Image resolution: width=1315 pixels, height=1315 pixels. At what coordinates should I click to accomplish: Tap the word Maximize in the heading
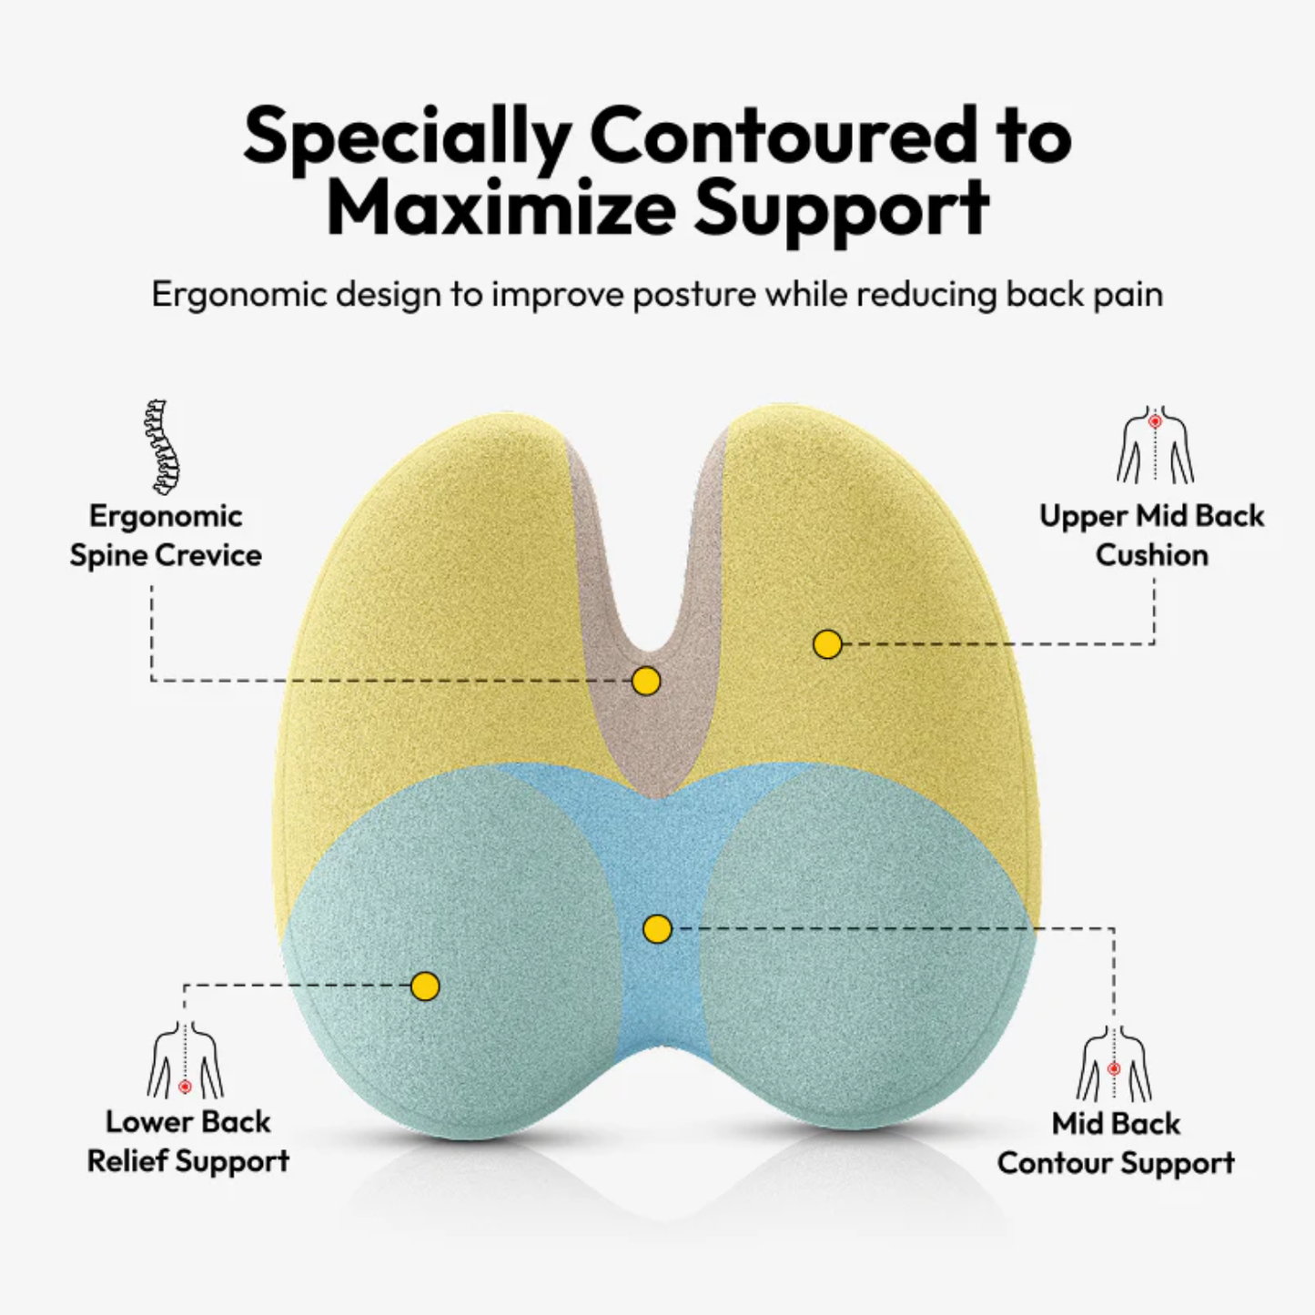pyautogui.click(x=501, y=209)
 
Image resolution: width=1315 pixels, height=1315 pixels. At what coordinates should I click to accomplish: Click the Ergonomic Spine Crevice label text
pyautogui.click(x=166, y=535)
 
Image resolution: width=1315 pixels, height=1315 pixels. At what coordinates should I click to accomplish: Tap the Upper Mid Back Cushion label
pyautogui.click(x=1151, y=535)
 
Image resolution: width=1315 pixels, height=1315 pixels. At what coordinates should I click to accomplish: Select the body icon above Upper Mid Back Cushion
pyautogui.click(x=1155, y=445)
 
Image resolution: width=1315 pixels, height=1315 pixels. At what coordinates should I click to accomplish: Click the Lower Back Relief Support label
pyautogui.click(x=188, y=1141)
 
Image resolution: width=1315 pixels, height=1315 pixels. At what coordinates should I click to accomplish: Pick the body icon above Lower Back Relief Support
pyautogui.click(x=186, y=1061)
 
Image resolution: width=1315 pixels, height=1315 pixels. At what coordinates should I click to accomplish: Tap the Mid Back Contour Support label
pyautogui.click(x=1116, y=1143)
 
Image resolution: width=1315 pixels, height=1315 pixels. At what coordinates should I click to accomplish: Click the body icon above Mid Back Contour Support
pyautogui.click(x=1114, y=1064)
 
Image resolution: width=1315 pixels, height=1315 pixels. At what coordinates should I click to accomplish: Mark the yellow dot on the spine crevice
pyautogui.click(x=646, y=681)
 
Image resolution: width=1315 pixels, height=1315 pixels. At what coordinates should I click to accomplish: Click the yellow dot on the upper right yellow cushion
pyautogui.click(x=827, y=644)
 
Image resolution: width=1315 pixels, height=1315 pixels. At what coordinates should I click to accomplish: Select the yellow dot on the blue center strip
pyautogui.click(x=657, y=929)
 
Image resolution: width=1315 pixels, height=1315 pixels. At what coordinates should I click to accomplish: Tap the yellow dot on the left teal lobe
pyautogui.click(x=425, y=986)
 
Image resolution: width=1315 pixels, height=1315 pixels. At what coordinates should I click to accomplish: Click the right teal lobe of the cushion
pyautogui.click(x=865, y=946)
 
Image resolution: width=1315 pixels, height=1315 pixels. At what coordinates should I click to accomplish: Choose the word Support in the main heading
pyautogui.click(x=841, y=209)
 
